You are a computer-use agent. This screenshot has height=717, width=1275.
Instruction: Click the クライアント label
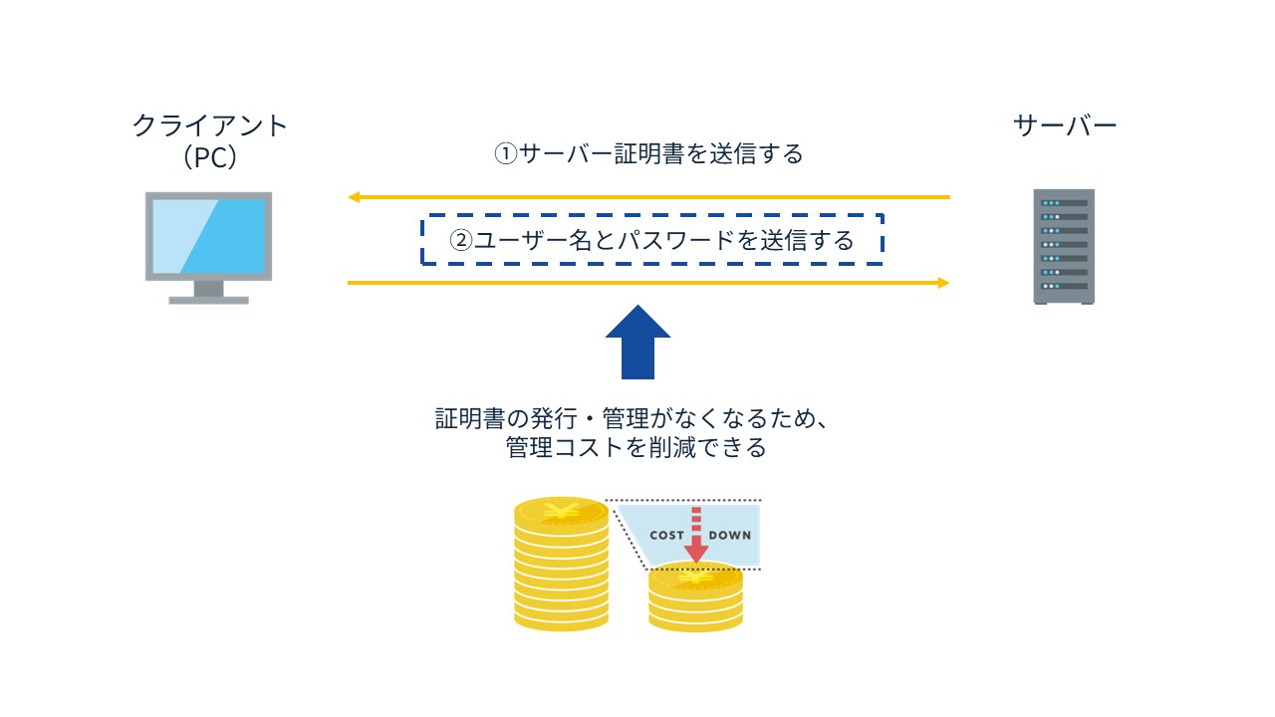tap(210, 126)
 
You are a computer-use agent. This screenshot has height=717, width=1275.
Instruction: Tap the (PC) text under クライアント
tap(210, 157)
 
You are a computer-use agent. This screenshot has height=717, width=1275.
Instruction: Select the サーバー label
tap(1065, 125)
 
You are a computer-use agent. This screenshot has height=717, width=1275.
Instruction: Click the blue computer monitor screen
tap(209, 236)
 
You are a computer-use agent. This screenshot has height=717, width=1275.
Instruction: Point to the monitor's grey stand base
tap(209, 298)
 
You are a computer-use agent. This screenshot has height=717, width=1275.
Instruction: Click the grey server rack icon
tap(1064, 246)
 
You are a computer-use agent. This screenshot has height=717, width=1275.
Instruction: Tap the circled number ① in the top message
tap(507, 154)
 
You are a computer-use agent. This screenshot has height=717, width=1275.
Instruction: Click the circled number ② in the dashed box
tap(461, 241)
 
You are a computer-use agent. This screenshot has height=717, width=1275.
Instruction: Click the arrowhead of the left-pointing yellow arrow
tap(354, 197)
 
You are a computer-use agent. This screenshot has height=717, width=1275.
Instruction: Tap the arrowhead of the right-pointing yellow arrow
tap(943, 283)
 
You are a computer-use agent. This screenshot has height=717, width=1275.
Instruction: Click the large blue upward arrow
tap(637, 342)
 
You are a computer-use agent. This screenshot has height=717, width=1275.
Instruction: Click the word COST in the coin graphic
tap(666, 536)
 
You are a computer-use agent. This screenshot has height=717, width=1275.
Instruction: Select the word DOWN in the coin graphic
tap(729, 536)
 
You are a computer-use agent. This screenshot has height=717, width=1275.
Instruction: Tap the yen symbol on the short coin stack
tap(695, 578)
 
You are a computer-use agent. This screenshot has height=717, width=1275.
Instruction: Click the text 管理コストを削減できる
tap(637, 448)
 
